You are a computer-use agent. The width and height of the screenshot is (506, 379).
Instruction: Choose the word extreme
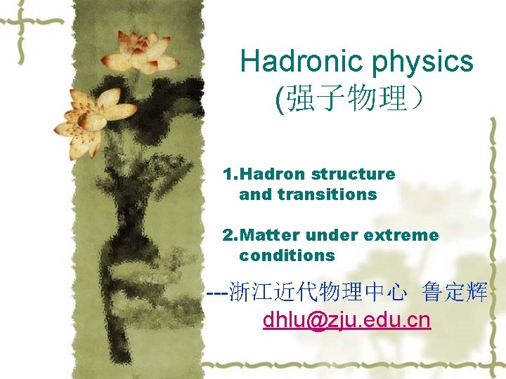point(403,235)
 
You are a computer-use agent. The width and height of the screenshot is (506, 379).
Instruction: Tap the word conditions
point(287,255)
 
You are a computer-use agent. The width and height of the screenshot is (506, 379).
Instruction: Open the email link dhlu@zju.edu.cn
point(346,321)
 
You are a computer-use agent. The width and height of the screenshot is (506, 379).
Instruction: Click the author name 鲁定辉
point(455,293)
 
